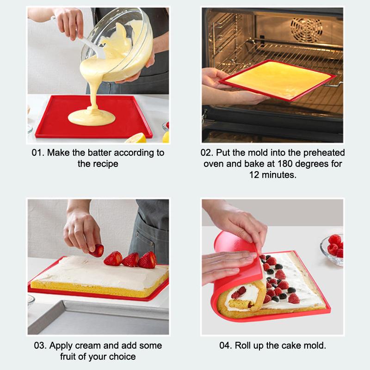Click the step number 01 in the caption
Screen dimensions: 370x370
pos(37,152)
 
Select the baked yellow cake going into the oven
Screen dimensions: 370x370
pos(277,79)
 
